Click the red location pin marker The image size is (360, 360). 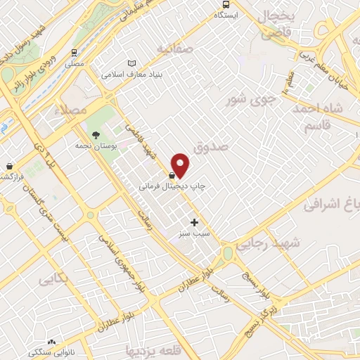(x=181, y=165)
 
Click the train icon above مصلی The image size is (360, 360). (x=75, y=52)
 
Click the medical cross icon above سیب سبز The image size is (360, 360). (x=195, y=222)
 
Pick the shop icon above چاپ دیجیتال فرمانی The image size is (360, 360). (x=172, y=175)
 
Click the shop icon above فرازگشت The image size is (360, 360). (x=9, y=166)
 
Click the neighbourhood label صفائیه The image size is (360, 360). (x=174, y=49)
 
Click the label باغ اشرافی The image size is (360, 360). (x=330, y=203)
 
